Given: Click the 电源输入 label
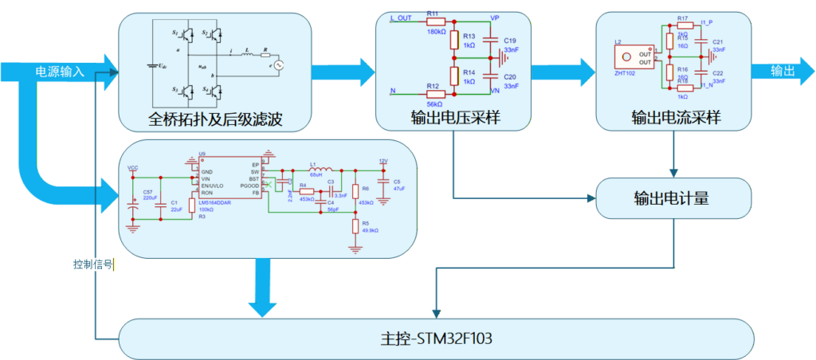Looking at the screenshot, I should (60, 72).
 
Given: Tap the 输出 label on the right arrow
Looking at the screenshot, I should (782, 72).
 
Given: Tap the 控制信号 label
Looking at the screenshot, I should (92, 264).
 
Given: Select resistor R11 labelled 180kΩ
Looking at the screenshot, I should (434, 22).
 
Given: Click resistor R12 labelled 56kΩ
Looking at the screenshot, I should (434, 93).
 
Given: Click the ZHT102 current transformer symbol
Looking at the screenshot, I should (634, 57).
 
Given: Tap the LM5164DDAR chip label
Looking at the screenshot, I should (216, 202).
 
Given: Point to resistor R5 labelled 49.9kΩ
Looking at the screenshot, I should (355, 226).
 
